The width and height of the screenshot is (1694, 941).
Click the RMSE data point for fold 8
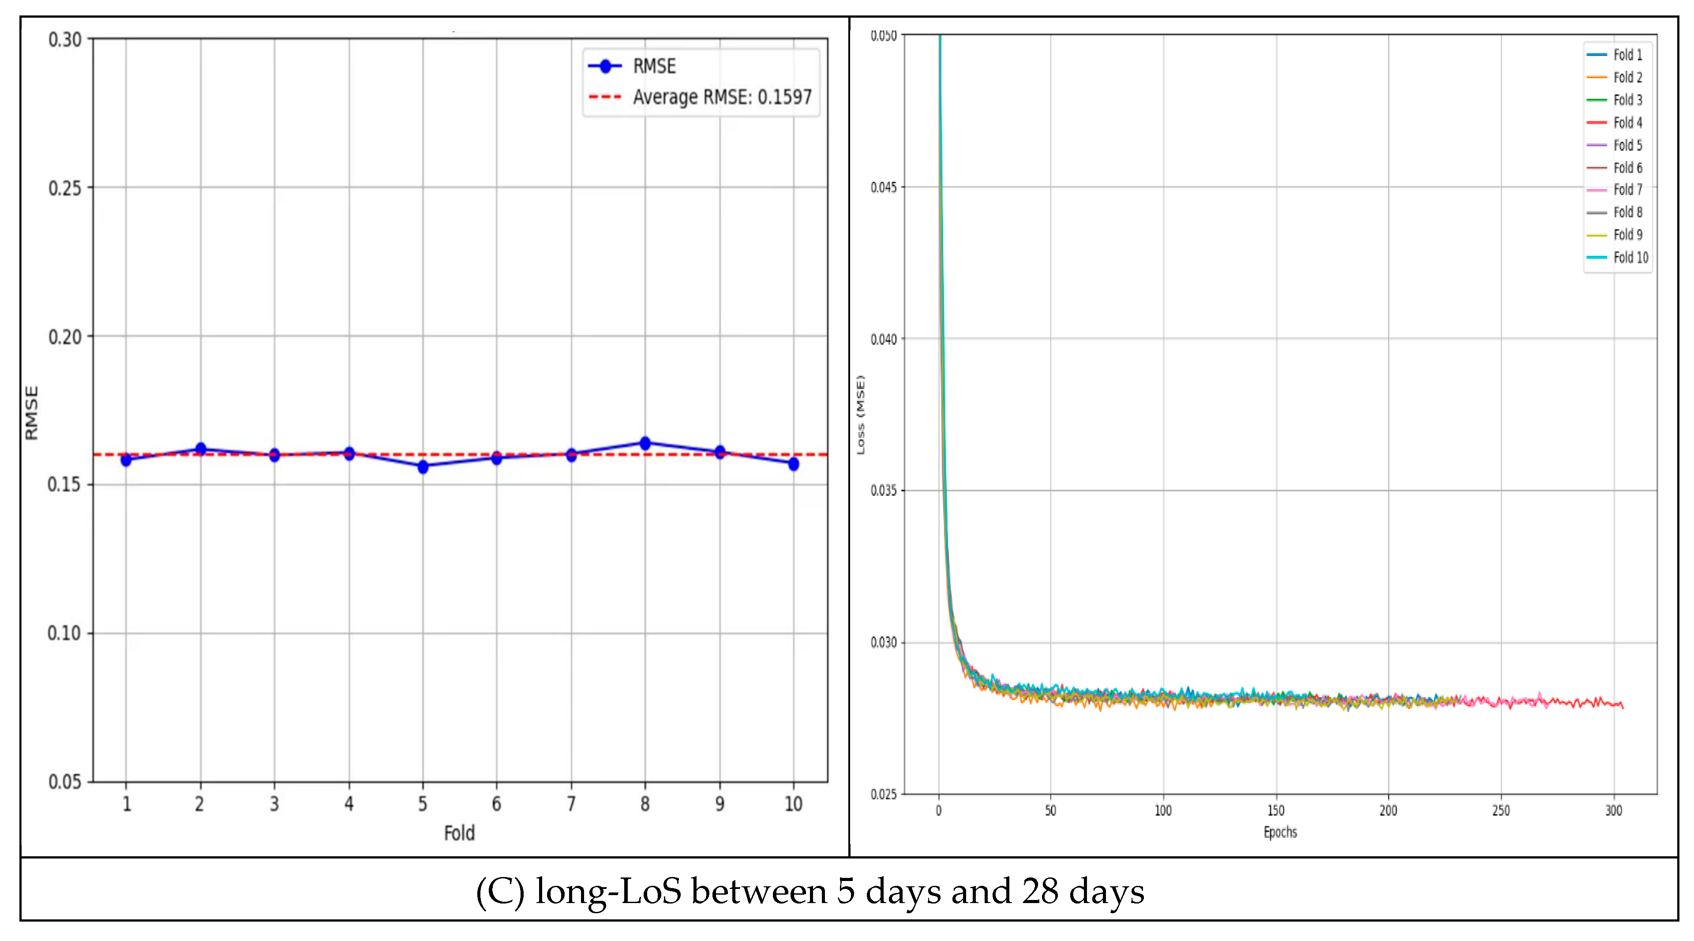click(645, 443)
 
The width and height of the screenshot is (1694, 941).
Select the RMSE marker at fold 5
click(423, 466)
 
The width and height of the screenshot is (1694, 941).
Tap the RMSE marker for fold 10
click(793, 464)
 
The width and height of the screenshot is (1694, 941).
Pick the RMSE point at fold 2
click(201, 449)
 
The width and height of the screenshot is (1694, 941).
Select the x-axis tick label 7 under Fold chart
click(571, 803)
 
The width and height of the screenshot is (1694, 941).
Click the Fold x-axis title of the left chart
click(459, 833)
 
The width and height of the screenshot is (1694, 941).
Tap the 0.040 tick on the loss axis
click(883, 339)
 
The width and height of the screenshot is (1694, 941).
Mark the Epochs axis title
click(1280, 832)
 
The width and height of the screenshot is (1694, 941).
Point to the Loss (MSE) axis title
click(861, 414)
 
